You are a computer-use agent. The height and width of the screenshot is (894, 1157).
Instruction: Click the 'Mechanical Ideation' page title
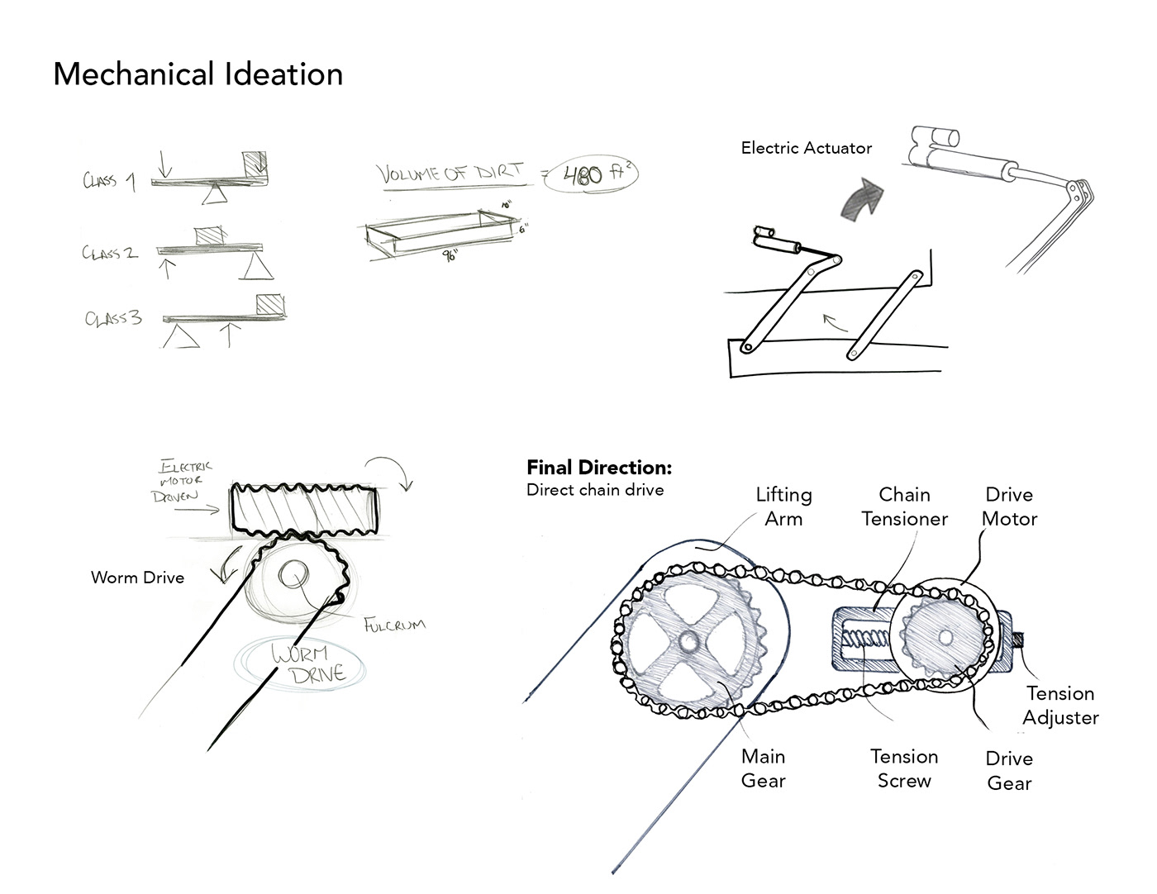coord(198,74)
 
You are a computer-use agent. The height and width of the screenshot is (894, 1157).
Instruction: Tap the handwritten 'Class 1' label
coord(109,181)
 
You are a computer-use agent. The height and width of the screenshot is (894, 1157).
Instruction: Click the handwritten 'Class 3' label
coord(113,318)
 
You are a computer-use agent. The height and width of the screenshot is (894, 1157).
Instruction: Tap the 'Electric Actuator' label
coord(806,149)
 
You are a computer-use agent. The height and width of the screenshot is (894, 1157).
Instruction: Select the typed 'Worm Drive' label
coord(137,578)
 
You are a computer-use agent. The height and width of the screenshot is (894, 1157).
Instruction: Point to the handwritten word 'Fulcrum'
coord(394,624)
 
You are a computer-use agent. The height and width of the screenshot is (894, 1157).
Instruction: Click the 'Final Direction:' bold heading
coord(599,468)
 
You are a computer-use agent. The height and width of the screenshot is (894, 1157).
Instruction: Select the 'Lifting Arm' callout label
coord(783,506)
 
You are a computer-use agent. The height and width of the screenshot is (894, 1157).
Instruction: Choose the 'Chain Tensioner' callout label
coord(904,506)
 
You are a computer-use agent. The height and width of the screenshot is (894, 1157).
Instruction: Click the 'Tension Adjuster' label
coord(1060,706)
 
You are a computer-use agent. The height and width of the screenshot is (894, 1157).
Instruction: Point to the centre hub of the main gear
coord(689,640)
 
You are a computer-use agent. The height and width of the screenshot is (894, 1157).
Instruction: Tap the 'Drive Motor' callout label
coord(1009,506)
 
